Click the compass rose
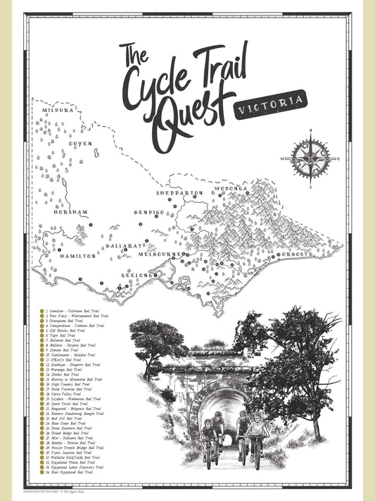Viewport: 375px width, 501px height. pos(310,159)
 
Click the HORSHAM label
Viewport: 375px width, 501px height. pos(70,212)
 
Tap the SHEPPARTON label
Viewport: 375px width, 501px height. pos(180,192)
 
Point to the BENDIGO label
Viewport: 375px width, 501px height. pos(149,212)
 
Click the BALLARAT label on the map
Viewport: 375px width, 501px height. pos(125,246)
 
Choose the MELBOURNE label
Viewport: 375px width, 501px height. pos(160,253)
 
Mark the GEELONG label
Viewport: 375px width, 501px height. pos(136,276)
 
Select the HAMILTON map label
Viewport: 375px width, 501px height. pos(78,256)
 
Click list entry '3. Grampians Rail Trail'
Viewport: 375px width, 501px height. pos(68,321)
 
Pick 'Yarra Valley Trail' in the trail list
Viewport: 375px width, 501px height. pos(67,394)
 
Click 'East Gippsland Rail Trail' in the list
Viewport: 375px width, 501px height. pos(71,471)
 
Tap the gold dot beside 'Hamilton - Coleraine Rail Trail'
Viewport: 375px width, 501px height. pos(42,310)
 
